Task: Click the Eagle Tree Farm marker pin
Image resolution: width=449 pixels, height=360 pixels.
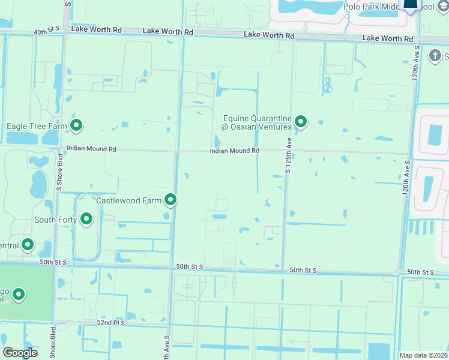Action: coord(76,125)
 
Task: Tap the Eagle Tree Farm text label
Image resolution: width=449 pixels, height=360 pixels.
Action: coord(37,127)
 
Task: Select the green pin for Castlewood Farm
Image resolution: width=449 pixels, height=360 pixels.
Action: coord(171,199)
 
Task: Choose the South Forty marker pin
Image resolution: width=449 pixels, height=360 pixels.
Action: coord(86,220)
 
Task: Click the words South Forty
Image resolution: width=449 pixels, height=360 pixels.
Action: coord(55,220)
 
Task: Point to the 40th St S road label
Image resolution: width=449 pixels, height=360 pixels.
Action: coord(47,29)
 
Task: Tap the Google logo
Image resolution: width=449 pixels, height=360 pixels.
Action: coord(20,353)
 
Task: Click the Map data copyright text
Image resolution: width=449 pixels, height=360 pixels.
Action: coord(423,355)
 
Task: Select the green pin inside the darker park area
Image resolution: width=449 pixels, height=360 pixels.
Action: coord(19,295)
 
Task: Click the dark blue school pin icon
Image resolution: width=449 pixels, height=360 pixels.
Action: coord(411,5)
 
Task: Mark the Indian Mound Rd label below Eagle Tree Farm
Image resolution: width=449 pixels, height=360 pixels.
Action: coord(91,148)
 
